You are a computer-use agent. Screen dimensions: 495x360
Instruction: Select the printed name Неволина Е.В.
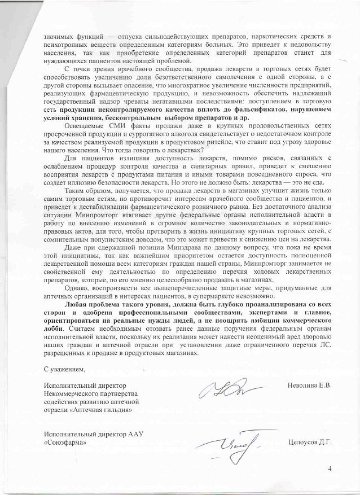[309, 386]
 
